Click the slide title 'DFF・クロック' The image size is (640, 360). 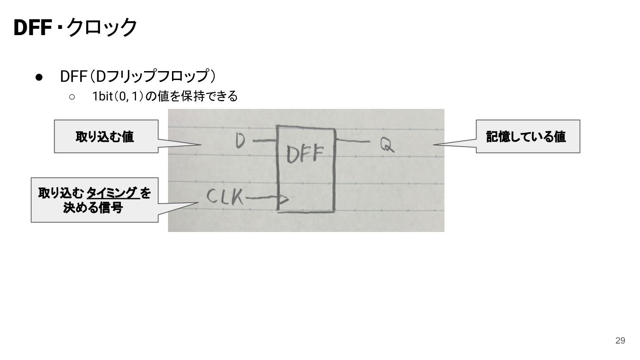click(76, 28)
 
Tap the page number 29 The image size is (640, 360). click(620, 340)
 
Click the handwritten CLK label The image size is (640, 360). click(224, 196)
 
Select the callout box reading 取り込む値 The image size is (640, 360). click(106, 136)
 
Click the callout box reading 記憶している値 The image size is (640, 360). click(528, 136)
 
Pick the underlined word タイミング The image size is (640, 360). click(112, 193)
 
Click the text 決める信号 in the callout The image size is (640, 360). click(93, 208)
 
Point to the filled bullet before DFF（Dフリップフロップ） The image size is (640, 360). click(39, 77)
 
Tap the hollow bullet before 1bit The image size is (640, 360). click(72, 97)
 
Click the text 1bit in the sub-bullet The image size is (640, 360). click(102, 96)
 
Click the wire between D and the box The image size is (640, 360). click(265, 140)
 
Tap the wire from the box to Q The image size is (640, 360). click(353, 140)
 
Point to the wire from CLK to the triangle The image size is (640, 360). click(262, 198)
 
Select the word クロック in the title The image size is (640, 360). click(102, 28)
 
